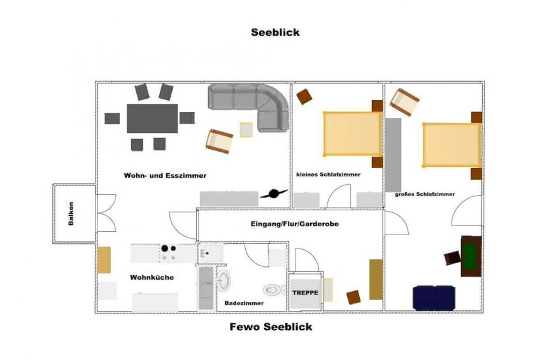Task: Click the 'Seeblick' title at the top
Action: [x=275, y=32]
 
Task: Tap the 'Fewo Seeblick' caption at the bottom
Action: [x=271, y=327]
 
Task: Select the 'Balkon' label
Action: [x=71, y=214]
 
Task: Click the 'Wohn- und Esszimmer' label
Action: [x=165, y=175]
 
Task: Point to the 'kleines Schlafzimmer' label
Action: [x=329, y=175]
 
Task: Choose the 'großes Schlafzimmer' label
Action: [x=425, y=194]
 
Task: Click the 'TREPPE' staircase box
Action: [x=305, y=294]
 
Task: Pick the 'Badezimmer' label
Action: [x=242, y=304]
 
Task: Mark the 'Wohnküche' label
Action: [x=152, y=278]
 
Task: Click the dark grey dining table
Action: [x=152, y=118]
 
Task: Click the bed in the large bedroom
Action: [x=451, y=145]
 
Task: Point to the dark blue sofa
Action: [x=434, y=298]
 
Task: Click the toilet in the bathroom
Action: [x=274, y=290]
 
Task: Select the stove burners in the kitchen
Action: [x=168, y=253]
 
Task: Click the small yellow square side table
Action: [x=246, y=129]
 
